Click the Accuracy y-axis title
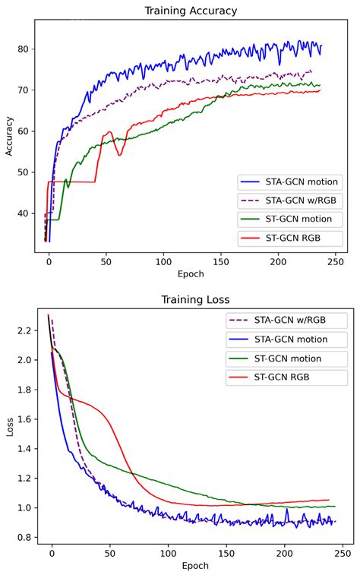pyautogui.click(x=9, y=135)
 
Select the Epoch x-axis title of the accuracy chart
pyautogui.click(x=191, y=273)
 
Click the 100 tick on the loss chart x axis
pyautogui.click(x=168, y=553)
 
